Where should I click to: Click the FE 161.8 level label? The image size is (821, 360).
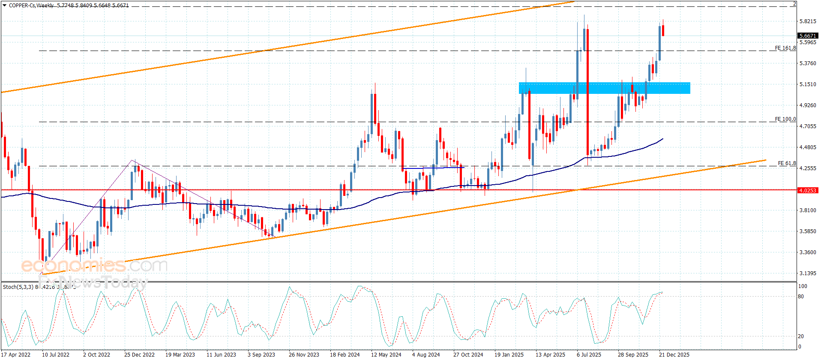(785, 48)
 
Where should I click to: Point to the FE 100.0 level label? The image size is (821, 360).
(785, 119)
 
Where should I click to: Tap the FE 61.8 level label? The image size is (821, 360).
(787, 163)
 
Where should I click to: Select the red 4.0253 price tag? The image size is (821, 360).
(808, 190)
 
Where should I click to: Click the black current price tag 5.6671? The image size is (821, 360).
(808, 36)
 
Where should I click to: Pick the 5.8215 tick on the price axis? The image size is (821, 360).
(808, 21)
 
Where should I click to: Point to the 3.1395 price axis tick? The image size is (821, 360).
(808, 273)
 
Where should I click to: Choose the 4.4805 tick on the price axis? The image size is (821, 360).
(808, 147)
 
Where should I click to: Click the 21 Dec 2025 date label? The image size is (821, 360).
(674, 355)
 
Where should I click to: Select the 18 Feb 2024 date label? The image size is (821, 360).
(345, 355)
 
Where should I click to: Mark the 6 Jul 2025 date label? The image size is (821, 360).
(589, 355)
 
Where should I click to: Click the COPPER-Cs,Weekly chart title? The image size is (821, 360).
(31, 6)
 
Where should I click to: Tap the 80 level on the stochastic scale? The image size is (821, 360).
(801, 297)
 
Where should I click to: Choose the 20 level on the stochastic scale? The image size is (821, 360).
(801, 336)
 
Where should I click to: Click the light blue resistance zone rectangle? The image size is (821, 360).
(604, 88)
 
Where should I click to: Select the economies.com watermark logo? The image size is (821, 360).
(94, 266)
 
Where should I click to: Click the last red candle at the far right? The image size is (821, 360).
(663, 30)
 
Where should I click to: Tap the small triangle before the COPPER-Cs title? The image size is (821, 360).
(4, 5)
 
